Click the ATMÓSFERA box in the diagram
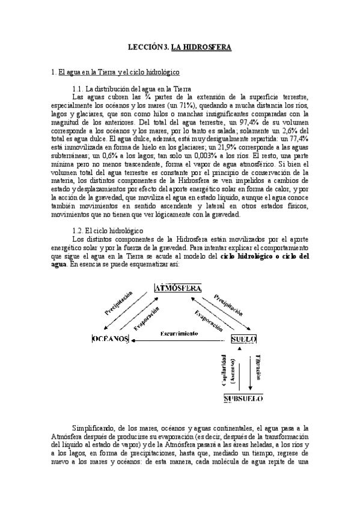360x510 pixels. point(178,287)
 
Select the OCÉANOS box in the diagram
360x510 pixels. point(111,339)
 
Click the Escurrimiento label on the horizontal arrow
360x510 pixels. point(179,333)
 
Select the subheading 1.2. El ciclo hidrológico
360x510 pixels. point(106,214)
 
